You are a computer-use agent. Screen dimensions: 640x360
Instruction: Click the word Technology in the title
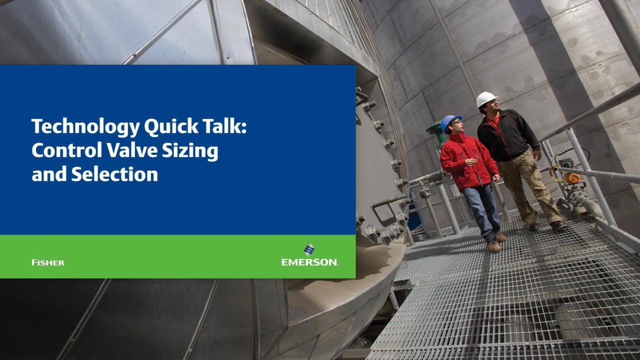[85, 127]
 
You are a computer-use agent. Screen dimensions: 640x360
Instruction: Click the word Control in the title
[67, 150]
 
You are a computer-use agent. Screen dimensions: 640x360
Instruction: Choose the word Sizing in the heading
[190, 151]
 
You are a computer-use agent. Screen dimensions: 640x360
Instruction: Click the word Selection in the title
[114, 174]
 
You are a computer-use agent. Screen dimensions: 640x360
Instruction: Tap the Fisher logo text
[48, 262]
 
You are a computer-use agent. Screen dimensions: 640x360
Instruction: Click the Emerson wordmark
[309, 262]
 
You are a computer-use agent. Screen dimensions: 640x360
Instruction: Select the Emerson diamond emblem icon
[309, 249]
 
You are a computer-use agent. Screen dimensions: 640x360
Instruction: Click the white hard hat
[486, 99]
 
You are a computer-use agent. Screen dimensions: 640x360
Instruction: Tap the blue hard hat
[450, 121]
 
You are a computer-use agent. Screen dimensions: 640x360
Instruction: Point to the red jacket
[468, 161]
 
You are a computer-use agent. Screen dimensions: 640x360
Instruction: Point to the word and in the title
[49, 174]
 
